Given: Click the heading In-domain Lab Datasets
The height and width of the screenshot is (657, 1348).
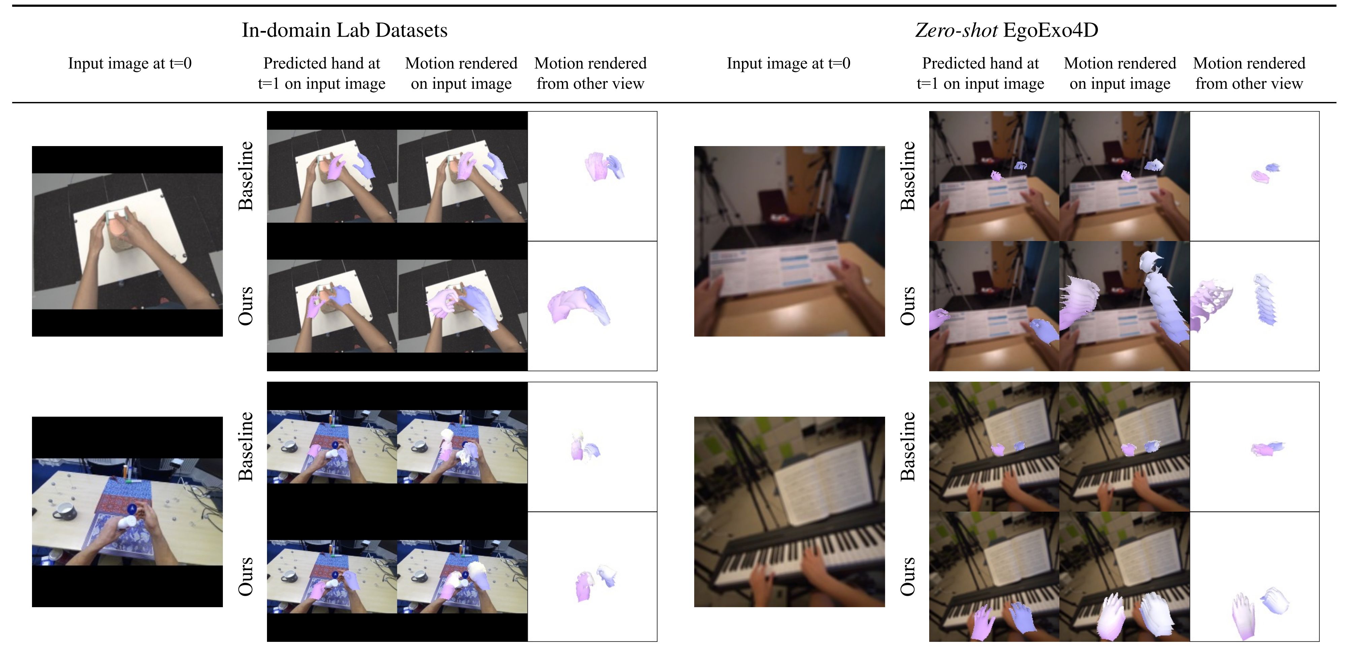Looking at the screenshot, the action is coord(344,30).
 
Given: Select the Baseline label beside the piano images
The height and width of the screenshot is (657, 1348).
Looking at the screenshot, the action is coord(908,446).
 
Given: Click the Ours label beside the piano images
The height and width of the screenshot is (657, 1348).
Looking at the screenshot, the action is coord(908,577).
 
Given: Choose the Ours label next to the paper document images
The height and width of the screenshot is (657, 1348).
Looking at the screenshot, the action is coord(908,306).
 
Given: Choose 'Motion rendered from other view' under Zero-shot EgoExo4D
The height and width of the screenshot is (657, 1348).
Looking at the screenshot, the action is coord(1249,73).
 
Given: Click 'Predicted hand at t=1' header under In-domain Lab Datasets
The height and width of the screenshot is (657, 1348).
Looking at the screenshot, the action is coord(322,73).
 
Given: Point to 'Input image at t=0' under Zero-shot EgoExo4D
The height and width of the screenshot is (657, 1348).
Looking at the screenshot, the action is coord(788,63).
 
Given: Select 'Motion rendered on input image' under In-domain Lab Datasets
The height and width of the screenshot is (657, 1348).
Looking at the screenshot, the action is coord(461,73).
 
